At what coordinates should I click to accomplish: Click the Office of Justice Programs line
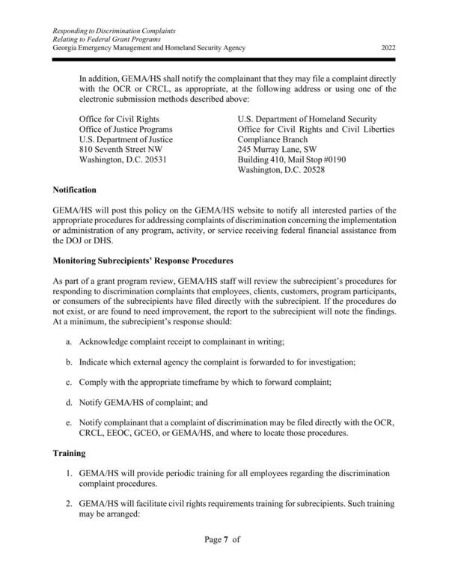pos(125,129)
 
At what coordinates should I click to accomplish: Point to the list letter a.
pos(69,341)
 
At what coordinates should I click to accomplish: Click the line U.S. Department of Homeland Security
pos(307,118)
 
